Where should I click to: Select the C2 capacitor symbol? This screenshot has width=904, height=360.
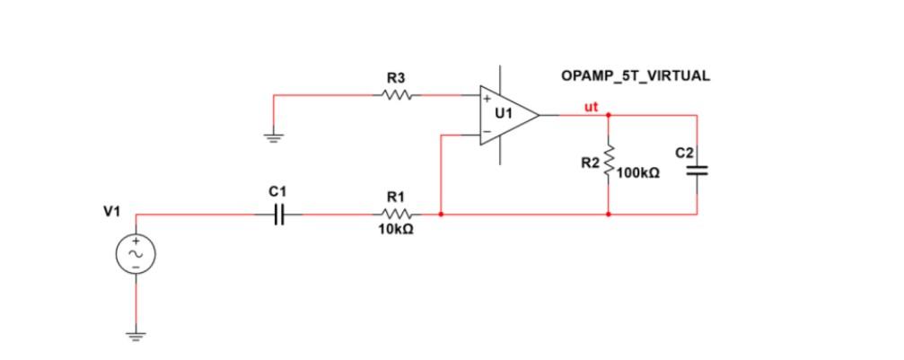click(x=698, y=171)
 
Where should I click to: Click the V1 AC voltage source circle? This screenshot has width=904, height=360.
click(x=136, y=256)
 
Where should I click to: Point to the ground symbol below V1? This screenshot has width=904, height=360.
click(x=136, y=338)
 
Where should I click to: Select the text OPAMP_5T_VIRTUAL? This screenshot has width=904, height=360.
click(x=635, y=76)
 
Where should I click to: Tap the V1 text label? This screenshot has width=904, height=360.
click(x=111, y=212)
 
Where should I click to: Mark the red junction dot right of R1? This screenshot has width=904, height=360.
click(x=441, y=215)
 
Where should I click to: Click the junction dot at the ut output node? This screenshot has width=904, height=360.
click(x=609, y=115)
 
